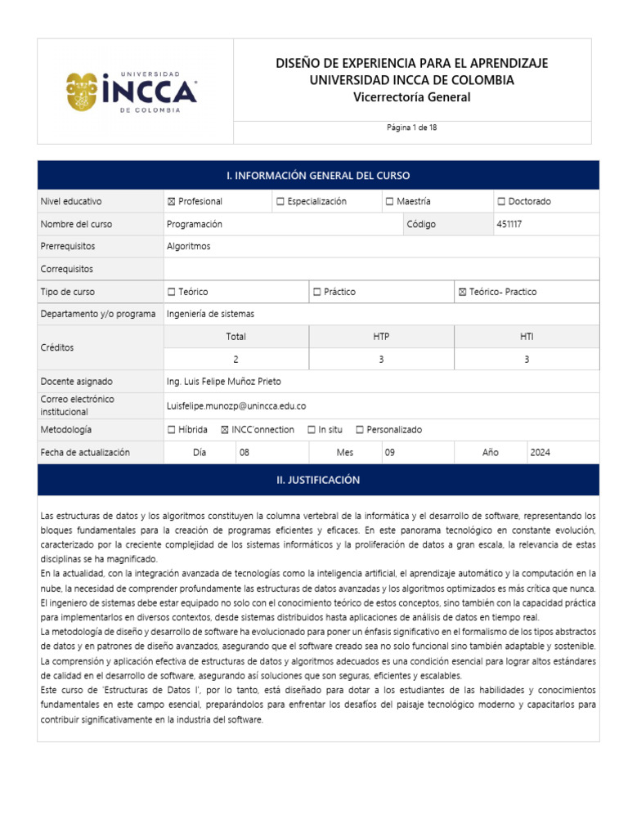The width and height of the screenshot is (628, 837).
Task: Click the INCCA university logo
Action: pos(132,92)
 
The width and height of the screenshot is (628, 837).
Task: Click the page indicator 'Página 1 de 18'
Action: pos(411,128)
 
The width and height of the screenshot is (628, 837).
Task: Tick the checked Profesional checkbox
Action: pos(171,202)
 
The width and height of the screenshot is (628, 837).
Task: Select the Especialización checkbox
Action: pos(280,202)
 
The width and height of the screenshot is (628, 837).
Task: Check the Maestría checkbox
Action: pos(390,202)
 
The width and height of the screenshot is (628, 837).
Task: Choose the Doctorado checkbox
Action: pos(500,202)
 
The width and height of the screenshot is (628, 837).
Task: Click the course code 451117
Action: pos(509,224)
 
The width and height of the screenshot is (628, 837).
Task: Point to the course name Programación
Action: pos(194,224)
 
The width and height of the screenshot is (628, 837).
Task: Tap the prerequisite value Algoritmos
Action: pos(188,246)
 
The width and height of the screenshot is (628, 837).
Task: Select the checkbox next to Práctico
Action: pos(317,292)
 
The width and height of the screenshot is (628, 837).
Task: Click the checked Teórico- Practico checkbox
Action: pos(463,292)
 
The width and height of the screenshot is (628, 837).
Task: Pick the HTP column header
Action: pos(381,336)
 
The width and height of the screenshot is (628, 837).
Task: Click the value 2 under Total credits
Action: pos(235,359)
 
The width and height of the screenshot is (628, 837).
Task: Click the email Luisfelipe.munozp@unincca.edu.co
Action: pos(235,405)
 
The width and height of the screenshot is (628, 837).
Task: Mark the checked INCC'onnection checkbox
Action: pos(225,430)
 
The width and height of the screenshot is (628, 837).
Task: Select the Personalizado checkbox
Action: pos(360,430)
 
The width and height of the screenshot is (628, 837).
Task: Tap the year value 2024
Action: pos(541,452)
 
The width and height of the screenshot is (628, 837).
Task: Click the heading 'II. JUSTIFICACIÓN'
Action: pos(318,481)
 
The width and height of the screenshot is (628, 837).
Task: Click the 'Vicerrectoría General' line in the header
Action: pos(411,97)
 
